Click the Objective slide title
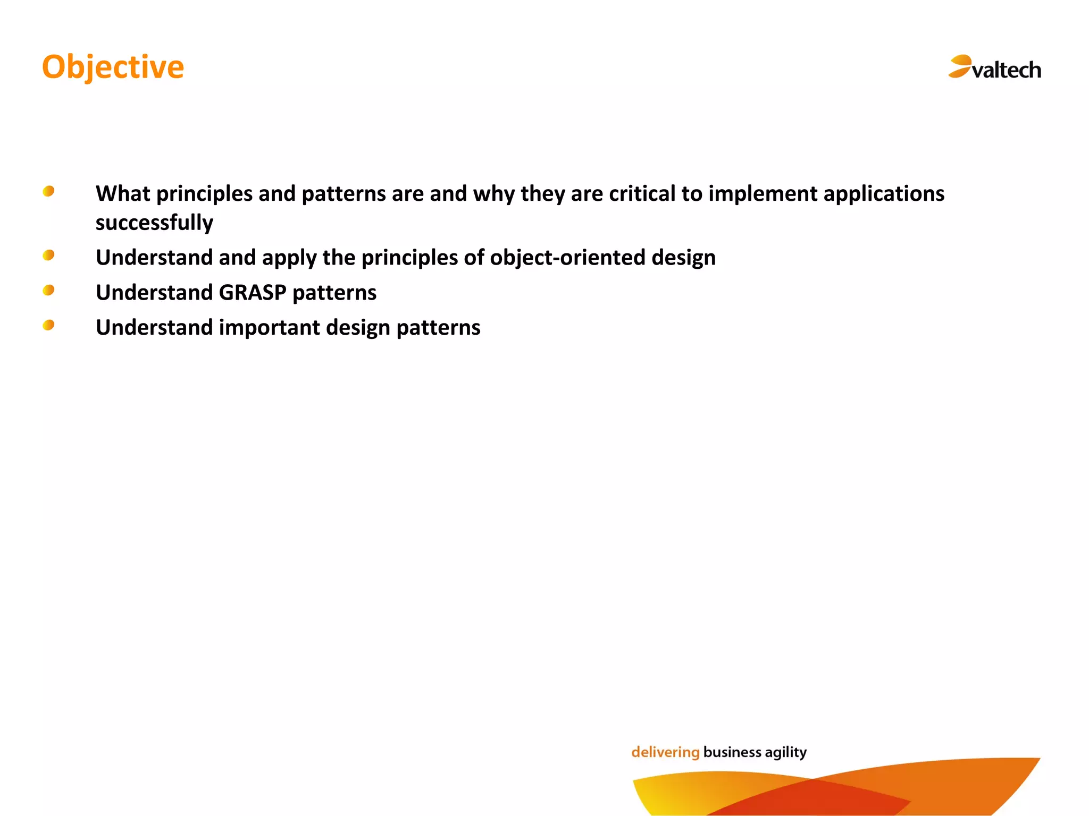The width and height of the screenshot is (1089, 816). (113, 67)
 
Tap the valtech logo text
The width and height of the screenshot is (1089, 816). (1006, 70)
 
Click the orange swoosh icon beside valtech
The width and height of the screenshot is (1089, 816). (960, 66)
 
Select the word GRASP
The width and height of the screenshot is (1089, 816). (253, 293)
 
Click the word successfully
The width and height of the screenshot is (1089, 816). (154, 223)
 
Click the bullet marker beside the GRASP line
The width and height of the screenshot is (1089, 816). (48, 290)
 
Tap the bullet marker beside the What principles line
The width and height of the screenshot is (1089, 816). (48, 191)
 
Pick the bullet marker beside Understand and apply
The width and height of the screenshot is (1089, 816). (48, 256)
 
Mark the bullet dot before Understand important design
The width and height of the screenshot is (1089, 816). (48, 325)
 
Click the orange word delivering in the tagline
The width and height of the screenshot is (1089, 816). (665, 752)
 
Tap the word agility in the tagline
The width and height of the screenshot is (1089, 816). (785, 752)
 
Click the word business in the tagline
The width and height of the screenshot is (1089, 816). (732, 752)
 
